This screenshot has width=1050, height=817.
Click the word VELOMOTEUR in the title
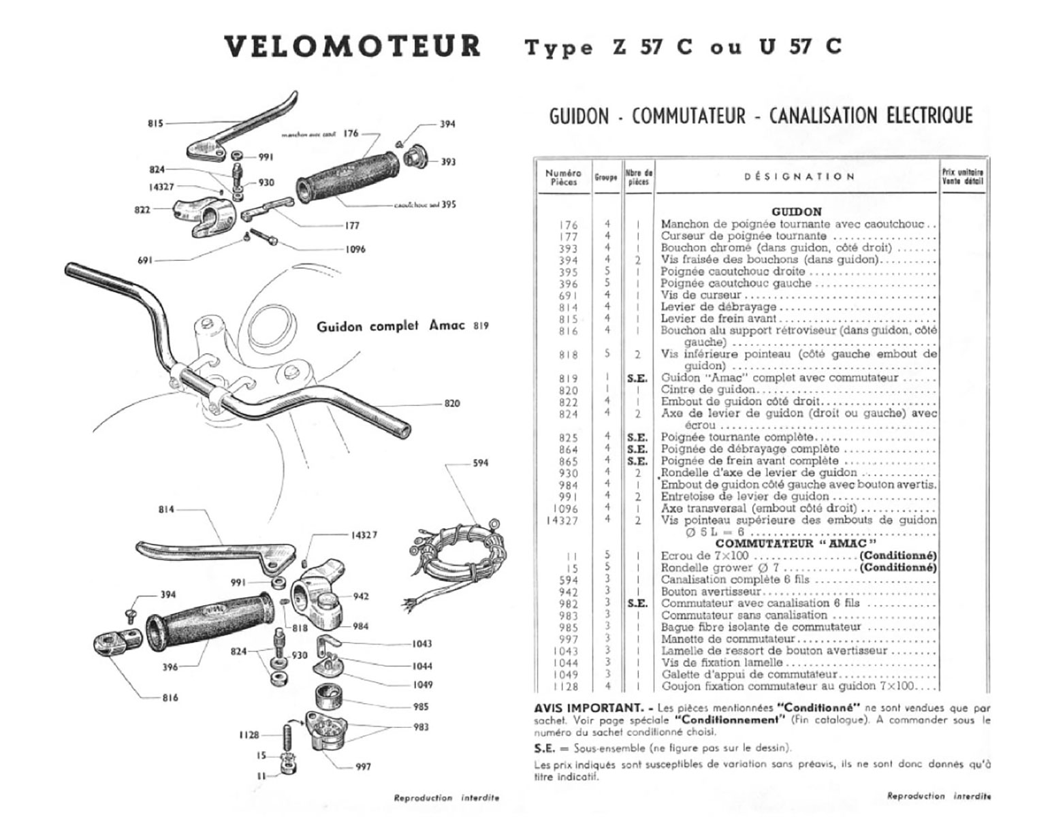(352, 46)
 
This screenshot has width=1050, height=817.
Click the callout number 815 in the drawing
(155, 124)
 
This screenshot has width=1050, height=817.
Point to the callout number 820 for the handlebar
(451, 403)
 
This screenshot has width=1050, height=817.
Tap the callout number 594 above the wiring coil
(480, 464)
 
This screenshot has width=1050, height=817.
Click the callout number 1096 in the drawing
(355, 249)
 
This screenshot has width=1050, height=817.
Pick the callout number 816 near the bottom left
(170, 698)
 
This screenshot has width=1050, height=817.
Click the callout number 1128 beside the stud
(249, 735)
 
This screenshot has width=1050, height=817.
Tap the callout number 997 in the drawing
(363, 767)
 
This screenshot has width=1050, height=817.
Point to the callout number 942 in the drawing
(361, 596)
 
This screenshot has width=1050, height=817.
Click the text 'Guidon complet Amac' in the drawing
(391, 326)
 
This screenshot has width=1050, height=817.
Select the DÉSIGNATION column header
(799, 176)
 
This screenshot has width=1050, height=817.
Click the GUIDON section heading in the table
(797, 212)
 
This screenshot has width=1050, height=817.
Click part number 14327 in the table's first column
(562, 520)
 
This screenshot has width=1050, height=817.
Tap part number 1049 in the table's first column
(566, 675)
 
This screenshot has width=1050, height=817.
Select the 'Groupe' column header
(605, 177)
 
